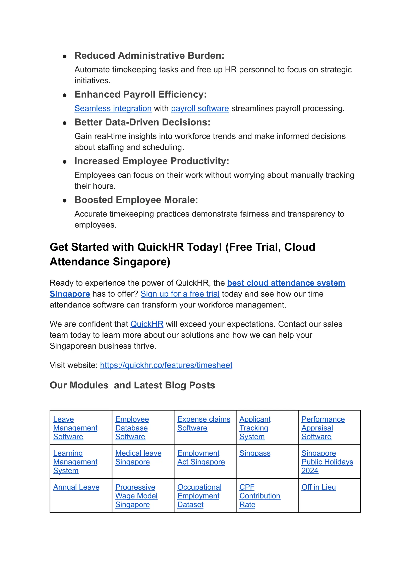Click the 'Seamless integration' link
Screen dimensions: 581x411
pyautogui.click(x=113, y=108)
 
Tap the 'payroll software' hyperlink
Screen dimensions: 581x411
pyautogui.click(x=200, y=108)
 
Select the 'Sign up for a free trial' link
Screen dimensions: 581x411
pyautogui.click(x=180, y=294)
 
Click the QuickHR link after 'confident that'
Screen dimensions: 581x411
pyautogui.click(x=147, y=324)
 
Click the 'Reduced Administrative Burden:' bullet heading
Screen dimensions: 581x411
pyautogui.click(x=149, y=55)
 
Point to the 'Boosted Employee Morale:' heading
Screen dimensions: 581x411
pyautogui.click(x=136, y=200)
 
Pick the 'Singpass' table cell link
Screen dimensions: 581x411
pyautogui.click(x=255, y=453)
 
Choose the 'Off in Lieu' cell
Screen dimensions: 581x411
pyautogui.click(x=318, y=487)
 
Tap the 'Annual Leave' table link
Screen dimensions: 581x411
pyautogui.click(x=76, y=487)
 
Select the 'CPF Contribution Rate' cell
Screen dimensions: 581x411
pyautogui.click(x=260, y=496)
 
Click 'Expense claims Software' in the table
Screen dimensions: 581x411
pyautogui.click(x=204, y=424)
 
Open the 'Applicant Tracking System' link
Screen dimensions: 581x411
pyautogui.click(x=255, y=428)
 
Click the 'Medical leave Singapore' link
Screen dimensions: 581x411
pyautogui.click(x=138, y=457)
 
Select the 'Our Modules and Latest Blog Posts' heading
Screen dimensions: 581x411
pyautogui.click(x=132, y=385)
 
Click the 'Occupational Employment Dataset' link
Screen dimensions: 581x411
pyautogui.click(x=199, y=496)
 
